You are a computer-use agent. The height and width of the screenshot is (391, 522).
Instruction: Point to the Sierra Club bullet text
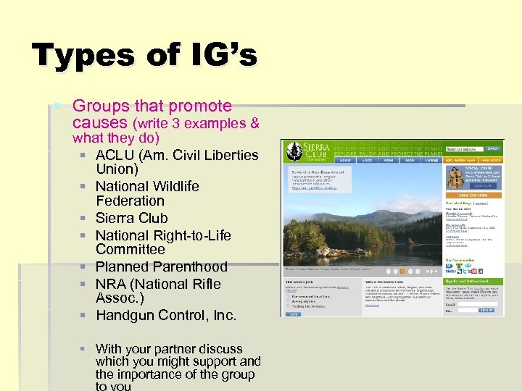131,218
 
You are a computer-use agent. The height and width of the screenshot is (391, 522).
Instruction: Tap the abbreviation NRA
112,284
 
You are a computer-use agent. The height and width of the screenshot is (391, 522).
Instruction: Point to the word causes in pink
100,123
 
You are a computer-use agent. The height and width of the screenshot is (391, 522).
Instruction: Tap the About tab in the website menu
345,161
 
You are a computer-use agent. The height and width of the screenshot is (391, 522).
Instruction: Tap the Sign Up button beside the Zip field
486,310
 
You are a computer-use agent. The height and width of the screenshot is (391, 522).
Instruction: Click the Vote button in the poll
293,314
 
